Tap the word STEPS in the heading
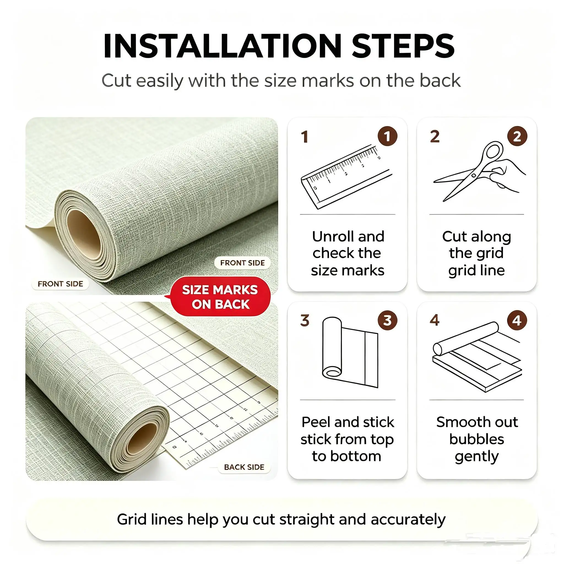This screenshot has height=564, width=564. click(403, 46)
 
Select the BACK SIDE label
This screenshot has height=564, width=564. click(244, 467)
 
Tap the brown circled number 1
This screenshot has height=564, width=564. click(387, 136)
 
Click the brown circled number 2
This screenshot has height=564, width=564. click(517, 136)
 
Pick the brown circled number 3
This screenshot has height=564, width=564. click(387, 321)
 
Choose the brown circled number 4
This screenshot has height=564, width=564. click(517, 320)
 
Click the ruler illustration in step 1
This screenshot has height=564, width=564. click(346, 177)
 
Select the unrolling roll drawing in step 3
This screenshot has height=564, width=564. click(350, 352)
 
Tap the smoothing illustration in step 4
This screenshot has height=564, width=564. click(477, 357)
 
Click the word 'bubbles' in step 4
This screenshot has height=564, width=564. click(476, 439)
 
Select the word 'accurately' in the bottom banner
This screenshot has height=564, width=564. click(408, 520)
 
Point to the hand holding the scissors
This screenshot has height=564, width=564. click(505, 175)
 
